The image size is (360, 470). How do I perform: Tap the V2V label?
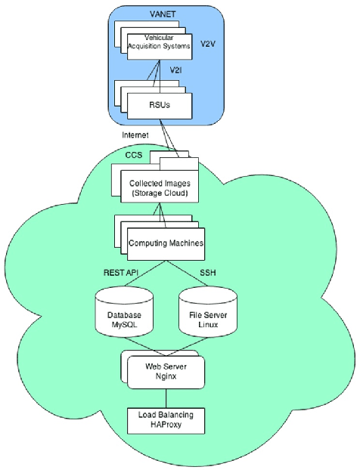tap(206, 45)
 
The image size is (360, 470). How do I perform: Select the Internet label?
tap(137, 135)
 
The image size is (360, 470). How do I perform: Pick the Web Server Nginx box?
tap(165, 370)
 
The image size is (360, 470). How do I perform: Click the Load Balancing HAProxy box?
tap(165, 419)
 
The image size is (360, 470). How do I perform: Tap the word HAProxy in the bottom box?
tap(165, 425)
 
